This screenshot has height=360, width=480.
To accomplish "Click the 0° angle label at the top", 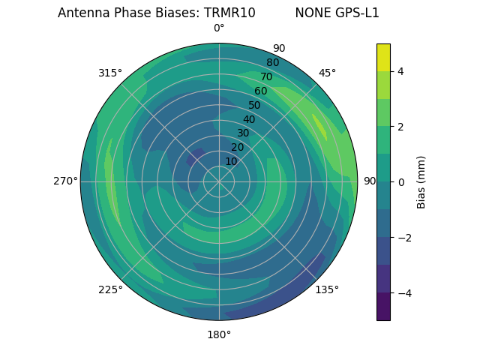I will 219,28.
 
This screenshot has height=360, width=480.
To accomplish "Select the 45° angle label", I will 327,73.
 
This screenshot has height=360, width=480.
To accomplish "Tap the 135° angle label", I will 327,289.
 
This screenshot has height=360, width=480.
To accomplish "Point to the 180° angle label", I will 219,334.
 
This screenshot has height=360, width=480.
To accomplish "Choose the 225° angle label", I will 110,289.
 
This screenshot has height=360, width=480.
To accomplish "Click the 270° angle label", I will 65,181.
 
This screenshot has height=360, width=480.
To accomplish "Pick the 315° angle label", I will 110,73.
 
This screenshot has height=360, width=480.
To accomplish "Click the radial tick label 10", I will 231,161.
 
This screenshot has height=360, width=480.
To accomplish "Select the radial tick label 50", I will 254,105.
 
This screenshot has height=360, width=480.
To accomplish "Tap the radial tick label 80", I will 272,63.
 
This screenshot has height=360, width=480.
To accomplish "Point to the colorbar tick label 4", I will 400,71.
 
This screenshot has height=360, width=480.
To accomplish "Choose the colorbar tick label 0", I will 400,182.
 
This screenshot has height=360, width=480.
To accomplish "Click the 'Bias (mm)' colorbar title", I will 421,182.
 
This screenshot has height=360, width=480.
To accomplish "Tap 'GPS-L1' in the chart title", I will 359,13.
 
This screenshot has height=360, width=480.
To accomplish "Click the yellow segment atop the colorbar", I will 383,57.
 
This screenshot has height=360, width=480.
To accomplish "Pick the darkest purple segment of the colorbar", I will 383,307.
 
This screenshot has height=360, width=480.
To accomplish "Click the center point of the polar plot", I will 219,181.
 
